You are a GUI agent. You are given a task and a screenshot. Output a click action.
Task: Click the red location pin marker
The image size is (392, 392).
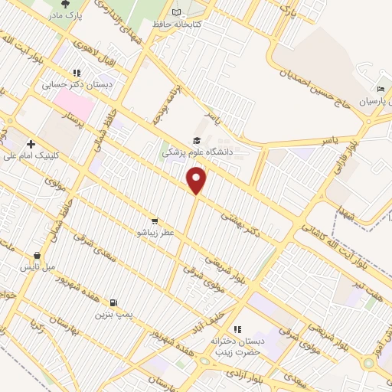click(x=198, y=181)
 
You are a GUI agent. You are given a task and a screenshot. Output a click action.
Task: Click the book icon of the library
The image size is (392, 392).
click(x=178, y=13)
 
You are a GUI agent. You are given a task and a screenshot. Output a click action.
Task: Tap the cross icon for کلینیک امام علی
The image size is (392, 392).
click(x=31, y=144)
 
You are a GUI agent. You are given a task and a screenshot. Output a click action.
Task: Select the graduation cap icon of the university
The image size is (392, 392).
click(x=197, y=140)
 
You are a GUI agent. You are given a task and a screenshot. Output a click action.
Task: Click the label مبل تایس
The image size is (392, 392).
click(x=36, y=267)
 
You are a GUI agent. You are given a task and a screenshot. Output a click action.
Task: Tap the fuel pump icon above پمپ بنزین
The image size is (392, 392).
click(x=114, y=302)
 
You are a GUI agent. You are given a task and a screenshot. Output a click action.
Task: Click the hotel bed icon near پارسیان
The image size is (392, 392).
click(x=360, y=90)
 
